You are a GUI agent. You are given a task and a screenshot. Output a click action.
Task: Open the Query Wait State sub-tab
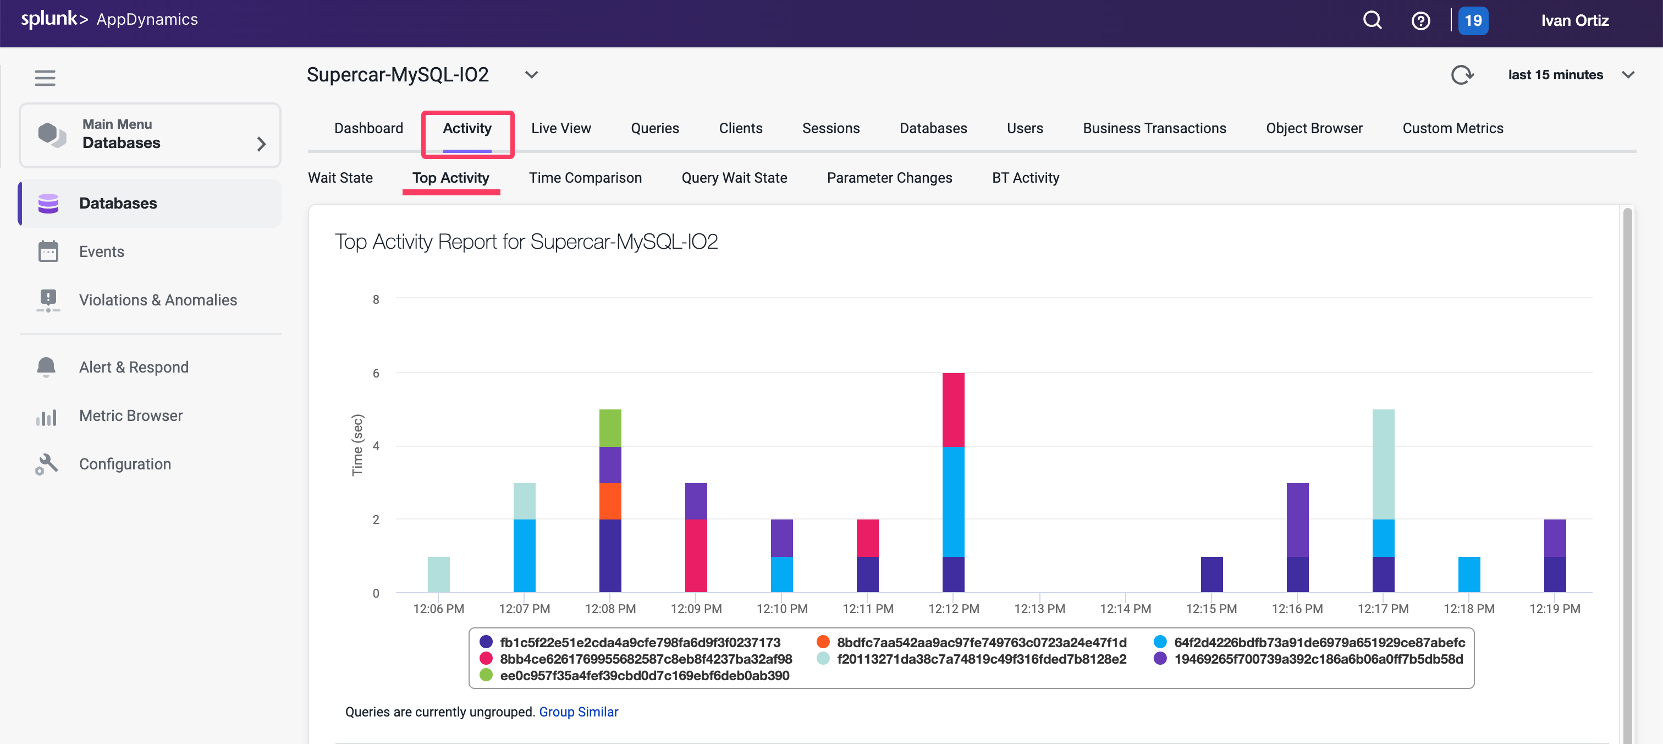click(x=734, y=178)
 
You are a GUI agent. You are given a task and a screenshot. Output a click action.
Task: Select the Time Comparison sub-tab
click(x=585, y=178)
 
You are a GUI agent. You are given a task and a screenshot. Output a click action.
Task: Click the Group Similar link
click(x=579, y=712)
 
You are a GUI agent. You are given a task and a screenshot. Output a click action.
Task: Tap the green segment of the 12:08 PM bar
click(x=610, y=428)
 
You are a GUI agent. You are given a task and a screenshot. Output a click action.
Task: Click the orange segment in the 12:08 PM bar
click(x=610, y=501)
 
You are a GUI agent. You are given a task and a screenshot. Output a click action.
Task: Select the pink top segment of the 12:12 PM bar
click(x=953, y=409)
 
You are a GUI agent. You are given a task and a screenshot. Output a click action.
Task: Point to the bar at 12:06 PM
click(x=438, y=574)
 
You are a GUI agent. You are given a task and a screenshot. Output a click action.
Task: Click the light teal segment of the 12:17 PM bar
click(x=1383, y=464)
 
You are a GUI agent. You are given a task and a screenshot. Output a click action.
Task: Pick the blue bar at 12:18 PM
click(x=1469, y=574)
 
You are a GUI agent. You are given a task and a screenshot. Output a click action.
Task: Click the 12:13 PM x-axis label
click(x=1039, y=609)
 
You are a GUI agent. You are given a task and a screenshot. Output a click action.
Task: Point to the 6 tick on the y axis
click(x=376, y=373)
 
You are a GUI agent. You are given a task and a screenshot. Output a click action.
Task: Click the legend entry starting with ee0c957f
click(x=643, y=676)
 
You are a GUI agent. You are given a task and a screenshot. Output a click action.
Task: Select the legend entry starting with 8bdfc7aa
click(x=981, y=643)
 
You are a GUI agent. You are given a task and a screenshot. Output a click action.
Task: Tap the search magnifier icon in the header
click(x=1372, y=21)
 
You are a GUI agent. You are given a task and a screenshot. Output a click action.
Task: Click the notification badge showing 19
click(x=1473, y=21)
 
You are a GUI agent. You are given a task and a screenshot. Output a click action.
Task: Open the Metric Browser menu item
click(x=130, y=416)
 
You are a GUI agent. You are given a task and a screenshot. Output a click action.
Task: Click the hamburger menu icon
click(x=45, y=78)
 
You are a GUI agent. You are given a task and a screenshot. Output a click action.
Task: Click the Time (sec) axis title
click(x=357, y=445)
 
